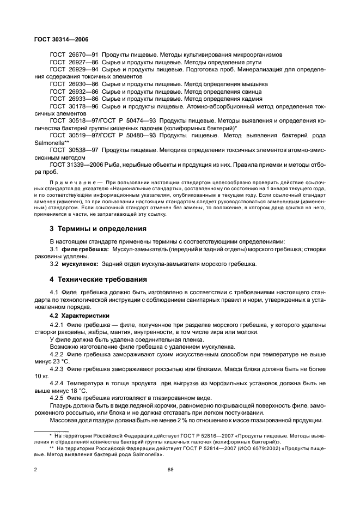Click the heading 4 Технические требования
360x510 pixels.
point(99,280)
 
